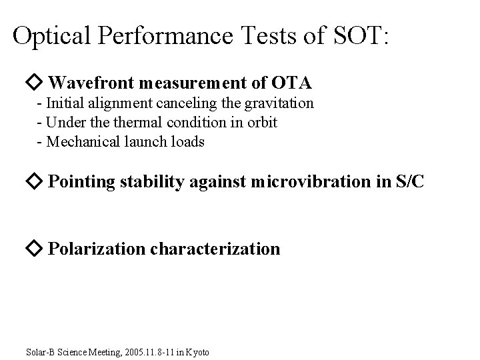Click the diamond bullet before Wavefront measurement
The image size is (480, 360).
[35, 83]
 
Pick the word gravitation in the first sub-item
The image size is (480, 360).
[280, 104]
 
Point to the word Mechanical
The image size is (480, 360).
[79, 142]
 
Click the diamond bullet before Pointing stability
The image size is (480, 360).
[35, 181]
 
